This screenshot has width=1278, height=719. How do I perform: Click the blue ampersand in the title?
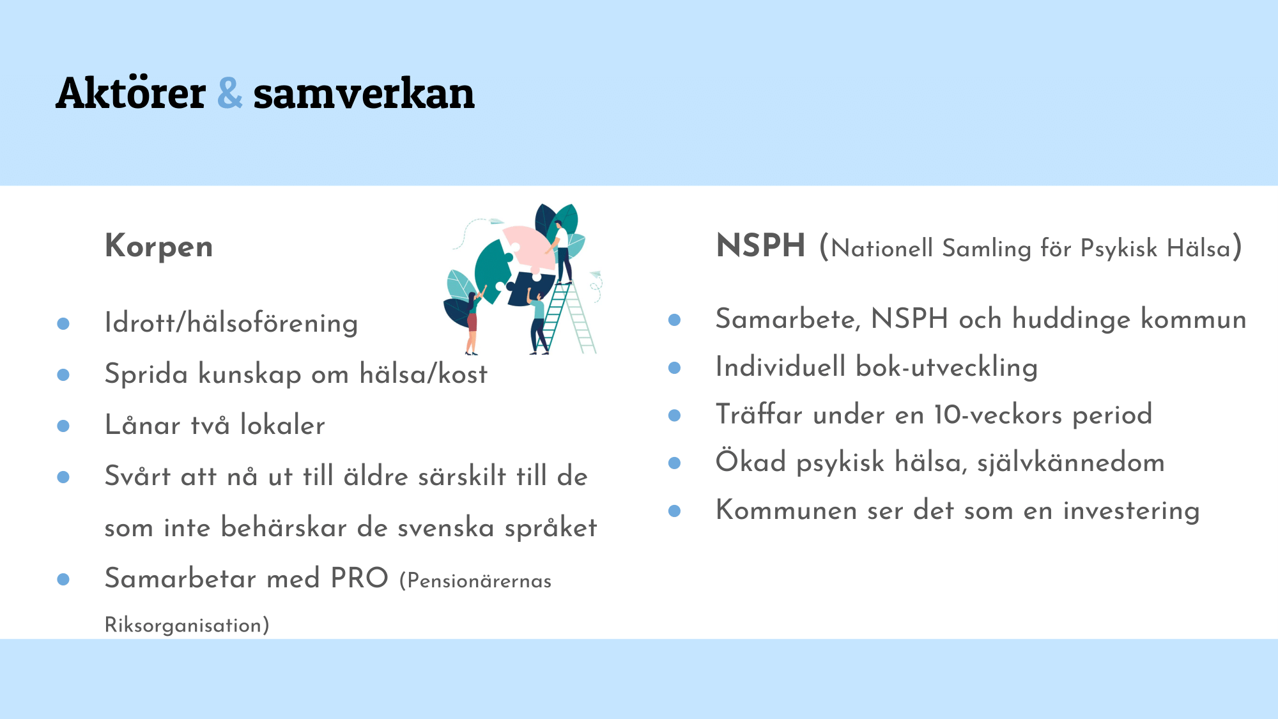click(230, 93)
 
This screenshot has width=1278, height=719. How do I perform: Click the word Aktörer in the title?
click(131, 93)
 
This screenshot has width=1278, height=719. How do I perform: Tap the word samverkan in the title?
click(364, 93)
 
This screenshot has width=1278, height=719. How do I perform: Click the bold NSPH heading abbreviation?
click(760, 246)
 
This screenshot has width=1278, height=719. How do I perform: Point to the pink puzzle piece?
click(527, 246)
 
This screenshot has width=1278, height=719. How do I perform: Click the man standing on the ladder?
click(561, 252)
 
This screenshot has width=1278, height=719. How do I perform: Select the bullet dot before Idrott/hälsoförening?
click(63, 324)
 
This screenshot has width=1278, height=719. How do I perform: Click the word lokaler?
click(282, 425)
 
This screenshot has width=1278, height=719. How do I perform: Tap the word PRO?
click(359, 578)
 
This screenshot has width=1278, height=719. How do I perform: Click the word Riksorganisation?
click(187, 625)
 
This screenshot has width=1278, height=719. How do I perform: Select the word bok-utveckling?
click(947, 367)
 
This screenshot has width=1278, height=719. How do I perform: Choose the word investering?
click(1132, 511)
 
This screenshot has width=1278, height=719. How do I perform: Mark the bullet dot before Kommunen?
click(674, 511)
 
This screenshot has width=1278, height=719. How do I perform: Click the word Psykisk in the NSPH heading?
click(1119, 249)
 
